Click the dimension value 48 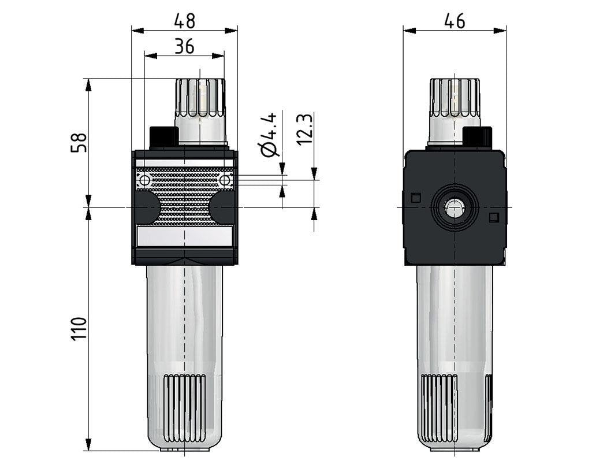click(x=184, y=21)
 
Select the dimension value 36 click(x=184, y=46)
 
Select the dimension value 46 click(x=455, y=21)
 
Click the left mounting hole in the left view click(x=144, y=181)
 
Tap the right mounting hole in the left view click(x=226, y=181)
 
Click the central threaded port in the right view click(x=455, y=208)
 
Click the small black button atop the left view click(x=163, y=138)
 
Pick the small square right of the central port click(x=493, y=217)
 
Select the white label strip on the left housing click(x=185, y=235)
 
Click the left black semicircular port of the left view click(x=148, y=207)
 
